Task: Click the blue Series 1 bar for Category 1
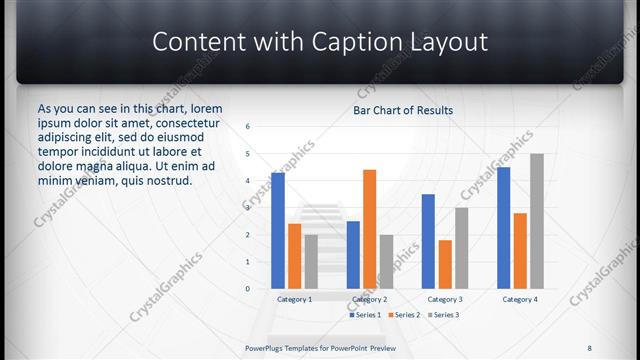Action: pos(278,231)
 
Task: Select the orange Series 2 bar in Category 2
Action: pos(369,229)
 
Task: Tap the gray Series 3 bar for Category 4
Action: pos(536,221)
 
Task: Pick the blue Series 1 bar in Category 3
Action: pos(428,241)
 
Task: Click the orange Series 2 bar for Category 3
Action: pos(444,264)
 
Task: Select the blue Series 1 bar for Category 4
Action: pos(503,227)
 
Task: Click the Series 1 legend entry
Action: pos(364,315)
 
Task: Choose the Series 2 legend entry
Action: pos(403,315)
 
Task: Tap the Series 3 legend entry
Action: pos(443,315)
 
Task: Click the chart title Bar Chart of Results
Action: pos(403,110)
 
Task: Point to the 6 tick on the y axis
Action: pos(247,127)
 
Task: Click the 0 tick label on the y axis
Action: pos(247,289)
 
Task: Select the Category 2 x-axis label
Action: pos(369,299)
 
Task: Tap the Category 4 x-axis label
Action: pos(519,299)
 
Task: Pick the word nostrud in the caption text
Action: pos(168,180)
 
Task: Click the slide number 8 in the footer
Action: pos(589,348)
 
